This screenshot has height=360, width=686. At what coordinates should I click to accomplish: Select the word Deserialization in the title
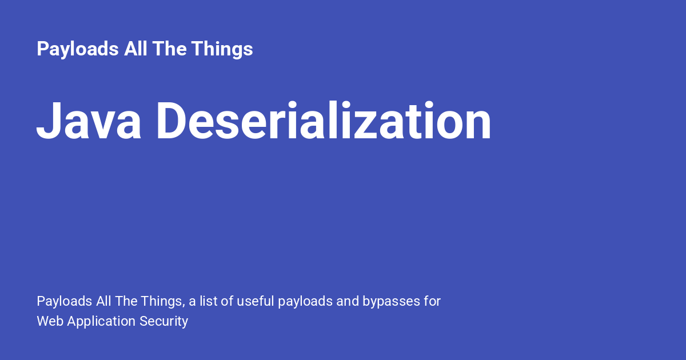pyautogui.click(x=324, y=122)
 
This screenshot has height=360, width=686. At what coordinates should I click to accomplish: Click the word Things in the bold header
pyautogui.click(x=222, y=49)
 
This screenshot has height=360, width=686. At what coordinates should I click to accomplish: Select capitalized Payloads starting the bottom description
pyautogui.click(x=63, y=301)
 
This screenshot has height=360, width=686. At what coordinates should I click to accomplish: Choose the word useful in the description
pyautogui.click(x=255, y=301)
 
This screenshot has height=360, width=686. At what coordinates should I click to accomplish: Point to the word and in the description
pyautogui.click(x=348, y=301)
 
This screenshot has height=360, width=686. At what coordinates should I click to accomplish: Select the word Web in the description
pyautogui.click(x=50, y=321)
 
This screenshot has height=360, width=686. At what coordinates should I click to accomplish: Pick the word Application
pyautogui.click(x=101, y=321)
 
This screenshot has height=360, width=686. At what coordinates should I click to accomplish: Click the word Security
pyautogui.click(x=163, y=321)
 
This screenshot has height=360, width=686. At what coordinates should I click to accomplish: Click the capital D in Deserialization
pyautogui.click(x=173, y=122)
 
